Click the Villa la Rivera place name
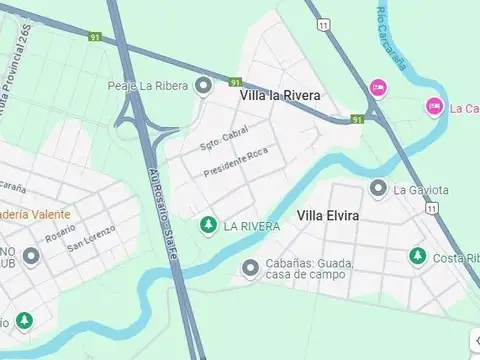[281, 96]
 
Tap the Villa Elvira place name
[328, 215]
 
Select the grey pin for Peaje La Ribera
[204, 85]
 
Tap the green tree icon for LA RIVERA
[208, 225]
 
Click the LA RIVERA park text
[245, 225]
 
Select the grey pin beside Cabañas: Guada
[250, 268]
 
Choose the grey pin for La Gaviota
[378, 188]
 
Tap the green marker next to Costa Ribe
[417, 258]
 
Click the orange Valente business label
[34, 213]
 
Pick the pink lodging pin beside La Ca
[434, 106]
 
